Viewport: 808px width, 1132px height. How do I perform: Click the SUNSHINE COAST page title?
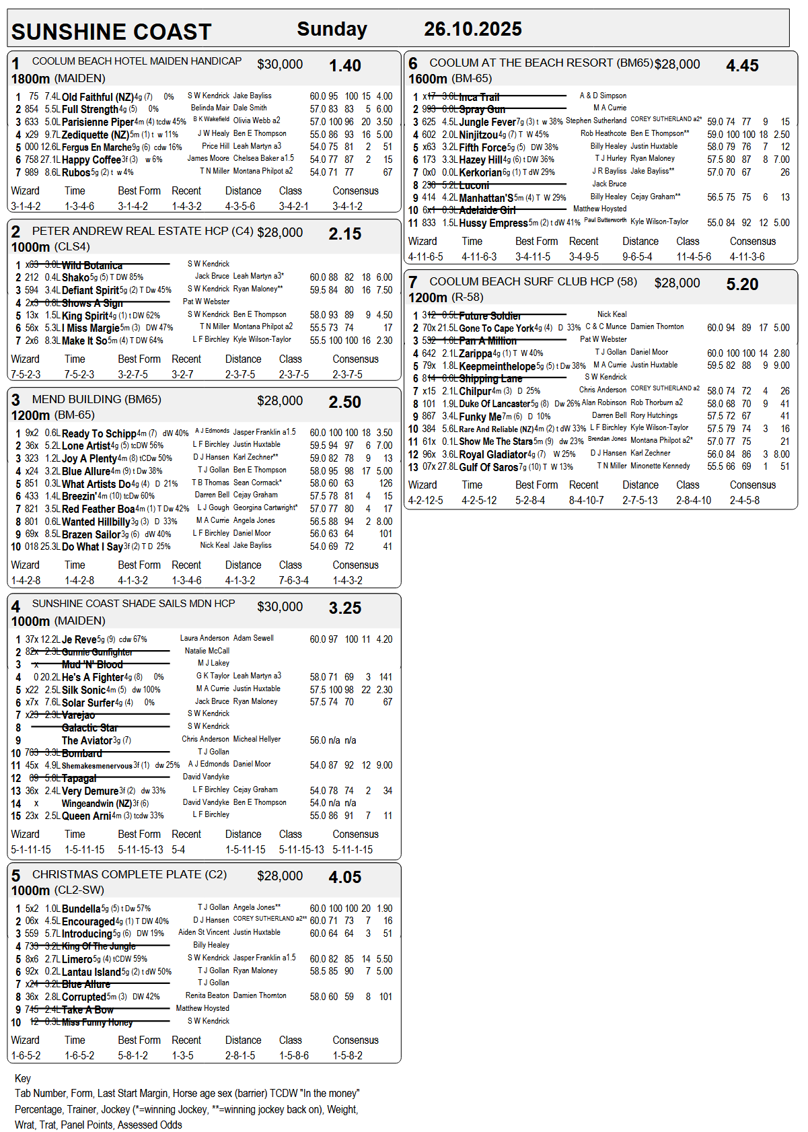coord(112,32)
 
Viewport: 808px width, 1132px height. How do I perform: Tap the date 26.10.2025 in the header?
coord(472,29)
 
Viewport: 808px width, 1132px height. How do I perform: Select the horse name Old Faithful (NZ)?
coord(98,97)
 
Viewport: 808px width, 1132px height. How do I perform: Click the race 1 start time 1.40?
coord(344,66)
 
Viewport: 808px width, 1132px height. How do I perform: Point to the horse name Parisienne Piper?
coord(98,122)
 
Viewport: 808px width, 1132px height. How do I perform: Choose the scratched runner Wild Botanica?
coord(92,266)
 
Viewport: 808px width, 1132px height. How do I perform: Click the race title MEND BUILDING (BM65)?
coord(96,400)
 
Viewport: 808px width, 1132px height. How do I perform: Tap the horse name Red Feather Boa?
coord(98,509)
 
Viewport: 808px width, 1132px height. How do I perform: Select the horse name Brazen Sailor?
coord(91,534)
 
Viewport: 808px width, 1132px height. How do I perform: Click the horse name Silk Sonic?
coord(83,691)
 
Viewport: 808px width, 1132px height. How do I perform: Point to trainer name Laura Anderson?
coord(205,638)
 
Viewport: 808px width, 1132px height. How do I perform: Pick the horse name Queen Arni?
coord(86,816)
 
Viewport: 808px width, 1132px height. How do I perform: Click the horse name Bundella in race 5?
coord(81,909)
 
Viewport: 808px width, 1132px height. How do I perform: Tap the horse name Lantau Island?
coord(91,972)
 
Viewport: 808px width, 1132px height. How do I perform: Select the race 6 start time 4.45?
coord(742,66)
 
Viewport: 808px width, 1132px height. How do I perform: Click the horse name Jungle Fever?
coord(487,122)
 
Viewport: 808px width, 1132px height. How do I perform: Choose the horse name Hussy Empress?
coord(493,223)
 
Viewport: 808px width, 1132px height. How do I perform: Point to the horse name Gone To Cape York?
coord(496,328)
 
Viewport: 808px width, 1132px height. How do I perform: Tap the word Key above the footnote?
coord(23,1078)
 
